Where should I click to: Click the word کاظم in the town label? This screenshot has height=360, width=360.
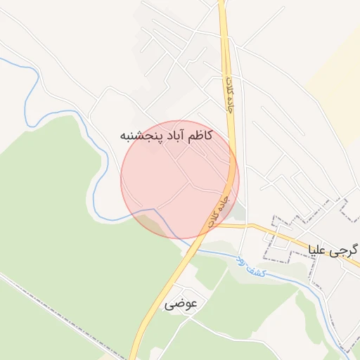(x=199, y=135)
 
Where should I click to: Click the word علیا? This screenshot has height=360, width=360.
(x=319, y=250)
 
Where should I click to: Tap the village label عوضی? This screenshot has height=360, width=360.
(x=182, y=304)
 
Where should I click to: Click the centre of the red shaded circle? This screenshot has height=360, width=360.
(x=180, y=179)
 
